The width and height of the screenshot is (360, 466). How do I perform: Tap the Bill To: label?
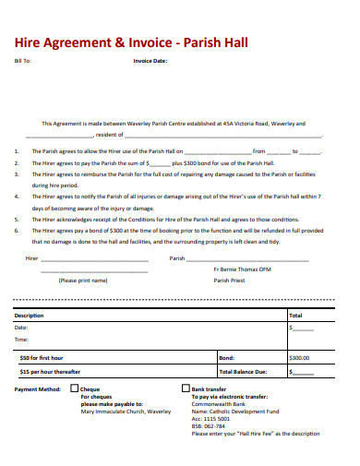[x=23, y=62]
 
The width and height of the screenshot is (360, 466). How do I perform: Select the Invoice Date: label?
[x=150, y=62]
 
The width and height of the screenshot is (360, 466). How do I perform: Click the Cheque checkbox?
[x=74, y=388]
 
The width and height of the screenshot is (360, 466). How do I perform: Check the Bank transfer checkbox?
[x=184, y=388]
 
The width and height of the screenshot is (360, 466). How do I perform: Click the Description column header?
[x=29, y=315]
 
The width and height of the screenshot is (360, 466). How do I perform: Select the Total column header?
[x=295, y=315]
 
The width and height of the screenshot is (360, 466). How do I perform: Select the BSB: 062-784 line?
[x=208, y=426]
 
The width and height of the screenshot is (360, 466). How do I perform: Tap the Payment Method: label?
[x=38, y=389]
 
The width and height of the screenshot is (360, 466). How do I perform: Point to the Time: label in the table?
[x=22, y=340]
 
